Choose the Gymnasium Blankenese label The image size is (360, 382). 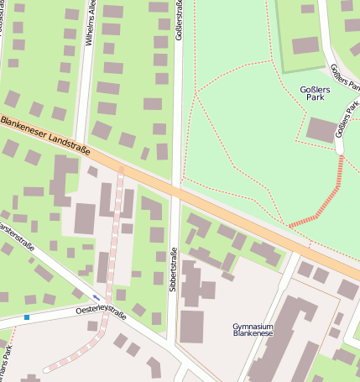(x=253, y=329)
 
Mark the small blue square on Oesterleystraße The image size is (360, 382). (x=27, y=317)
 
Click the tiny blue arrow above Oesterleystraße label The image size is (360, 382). (x=97, y=297)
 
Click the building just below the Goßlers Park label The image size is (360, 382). (x=321, y=129)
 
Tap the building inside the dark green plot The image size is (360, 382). (x=305, y=44)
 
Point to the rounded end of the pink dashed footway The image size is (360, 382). (x=46, y=368)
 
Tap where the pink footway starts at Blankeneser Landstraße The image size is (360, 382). (x=121, y=170)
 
